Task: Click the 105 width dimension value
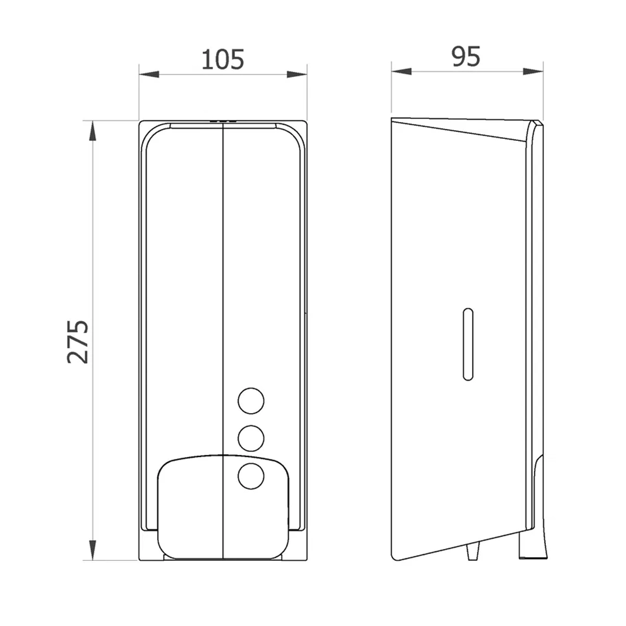tap(222, 59)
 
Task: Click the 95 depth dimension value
tap(466, 56)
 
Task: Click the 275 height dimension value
tap(78, 341)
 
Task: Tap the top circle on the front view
tap(251, 401)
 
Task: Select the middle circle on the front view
tap(251, 438)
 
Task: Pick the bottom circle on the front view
tap(251, 476)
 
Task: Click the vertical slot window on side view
tap(468, 344)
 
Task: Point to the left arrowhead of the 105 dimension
tap(149, 74)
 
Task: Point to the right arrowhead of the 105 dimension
tap(297, 74)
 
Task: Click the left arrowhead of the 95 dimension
tap(401, 71)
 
